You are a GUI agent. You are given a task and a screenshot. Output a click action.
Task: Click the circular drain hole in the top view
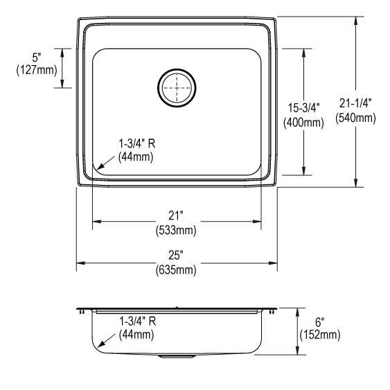coord(177,87)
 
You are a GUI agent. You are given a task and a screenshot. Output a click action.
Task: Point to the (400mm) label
coord(303,123)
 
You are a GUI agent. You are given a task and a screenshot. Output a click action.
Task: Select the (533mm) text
coord(177,229)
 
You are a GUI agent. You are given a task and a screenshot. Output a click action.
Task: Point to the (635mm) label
coord(177,269)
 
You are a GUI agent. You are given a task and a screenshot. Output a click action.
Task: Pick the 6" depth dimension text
coord(319,322)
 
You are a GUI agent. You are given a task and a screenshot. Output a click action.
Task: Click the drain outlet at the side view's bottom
coord(177,356)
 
